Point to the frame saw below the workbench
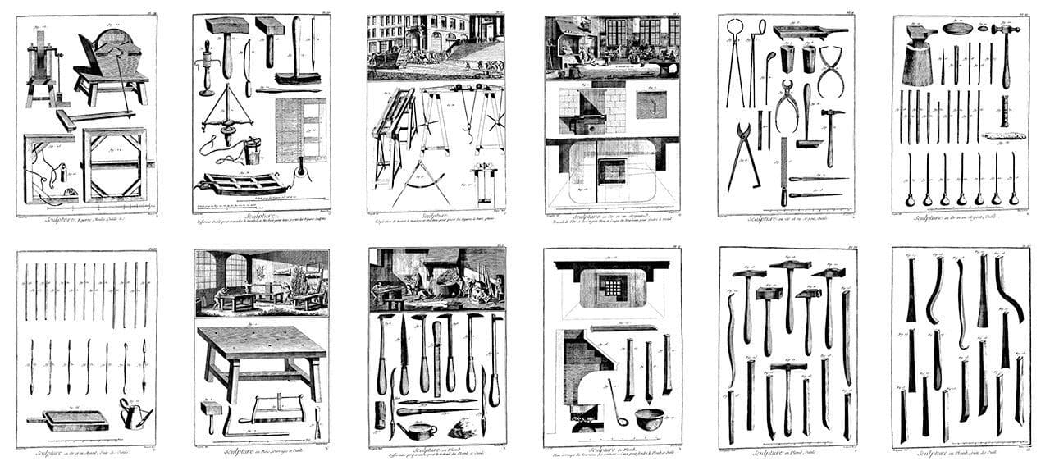click(x=276, y=407)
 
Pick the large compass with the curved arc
click(x=422, y=182)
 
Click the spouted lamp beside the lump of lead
click(x=407, y=430)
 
